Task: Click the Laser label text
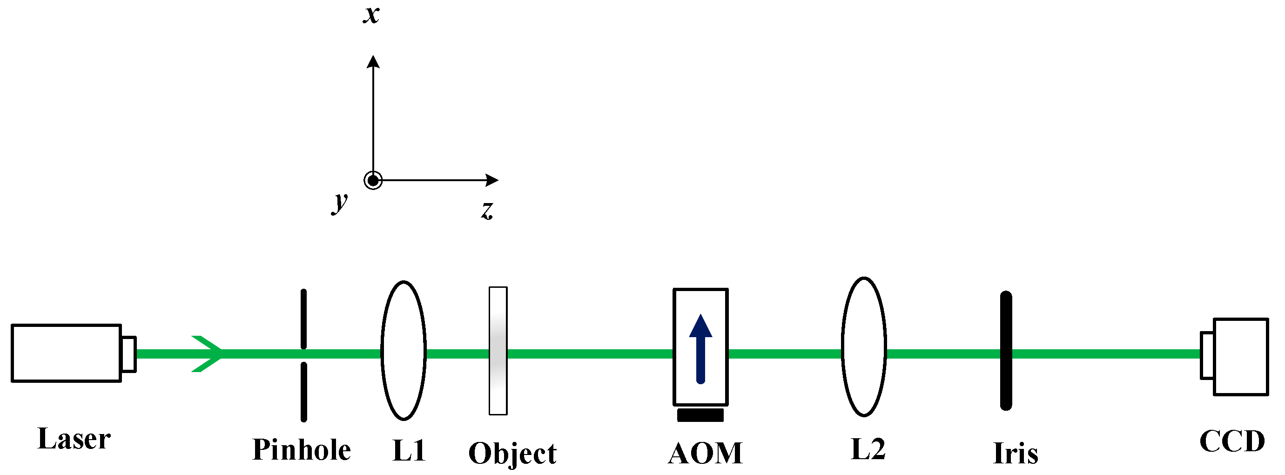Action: [74, 439]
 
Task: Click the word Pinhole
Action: [301, 449]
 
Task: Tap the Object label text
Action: [512, 453]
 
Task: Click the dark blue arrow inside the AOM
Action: [700, 349]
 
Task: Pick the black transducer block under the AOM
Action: [700, 415]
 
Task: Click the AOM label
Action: [705, 453]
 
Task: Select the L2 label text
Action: [868, 449]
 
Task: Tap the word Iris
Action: [1015, 453]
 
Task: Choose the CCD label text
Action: [1231, 441]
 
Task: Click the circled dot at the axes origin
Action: [373, 180]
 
